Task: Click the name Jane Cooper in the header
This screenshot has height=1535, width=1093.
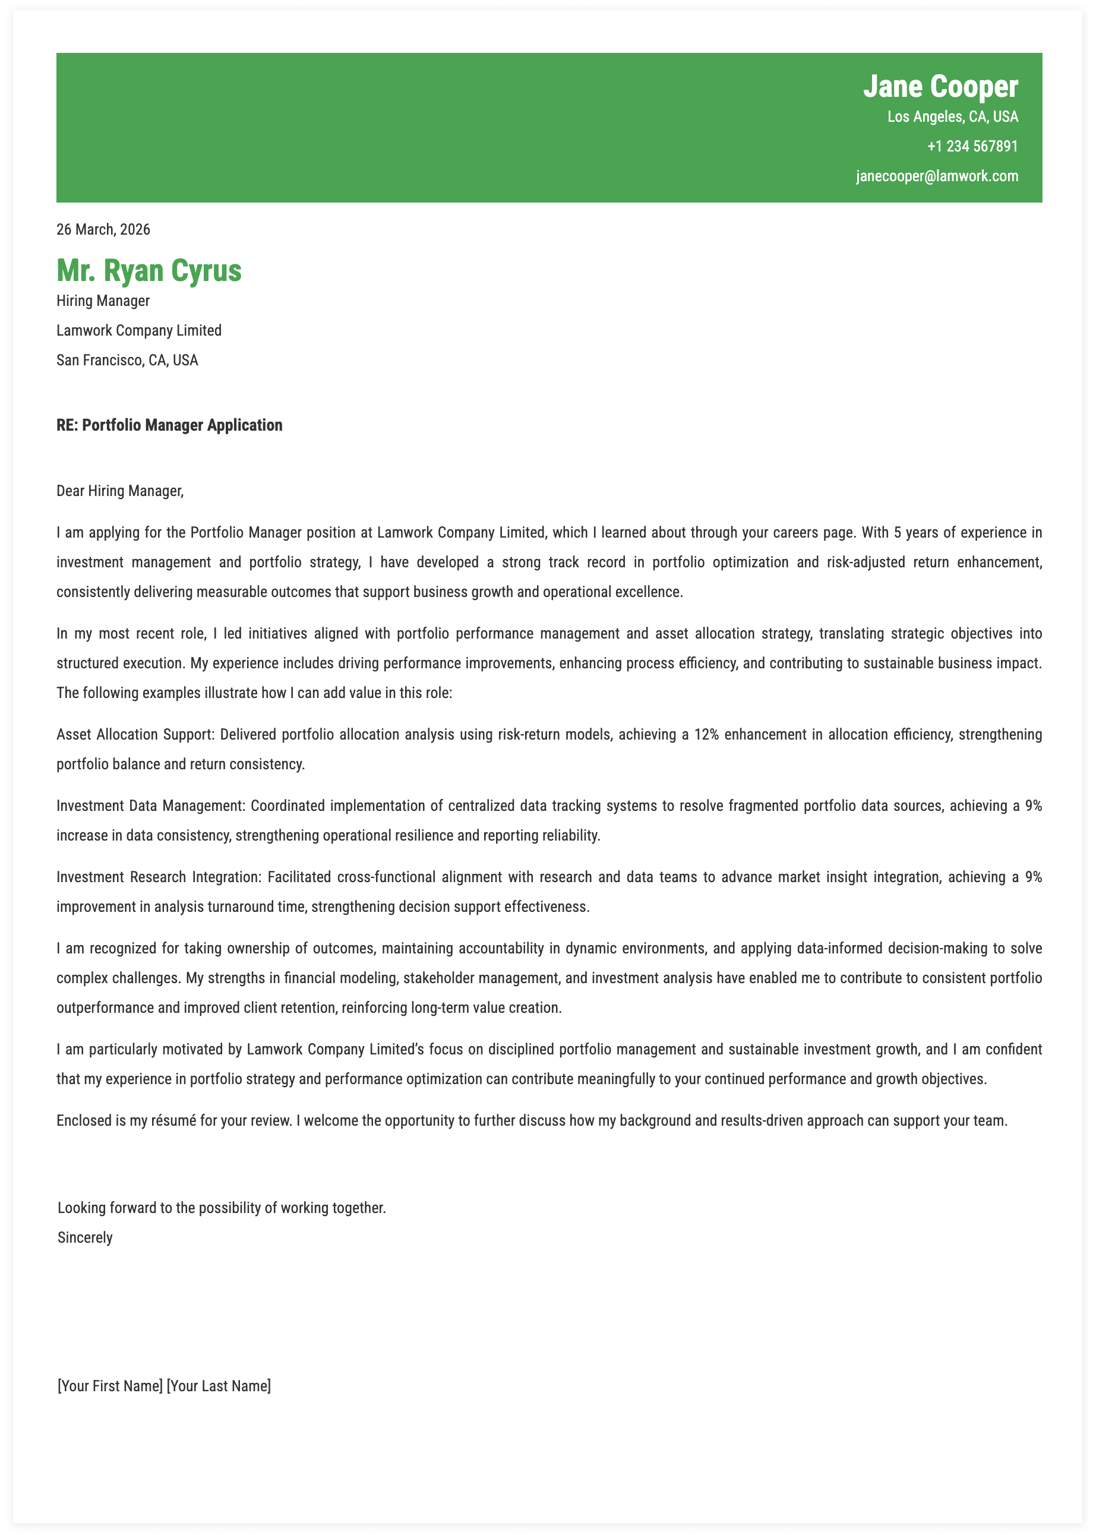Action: [940, 87]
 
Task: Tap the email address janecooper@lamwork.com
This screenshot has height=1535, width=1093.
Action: [936, 176]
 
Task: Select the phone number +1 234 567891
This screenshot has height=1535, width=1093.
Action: [972, 147]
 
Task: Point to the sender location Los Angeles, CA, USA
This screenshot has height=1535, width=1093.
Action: [952, 117]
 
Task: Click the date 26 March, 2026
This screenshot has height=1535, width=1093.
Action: [103, 229]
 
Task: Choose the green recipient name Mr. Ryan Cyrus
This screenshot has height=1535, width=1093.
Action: [149, 270]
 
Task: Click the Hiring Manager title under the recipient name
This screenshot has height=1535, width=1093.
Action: [103, 301]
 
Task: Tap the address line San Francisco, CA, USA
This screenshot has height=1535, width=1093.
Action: [127, 360]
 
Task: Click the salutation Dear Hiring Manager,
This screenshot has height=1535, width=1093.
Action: [120, 491]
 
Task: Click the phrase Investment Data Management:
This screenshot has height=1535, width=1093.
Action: [151, 806]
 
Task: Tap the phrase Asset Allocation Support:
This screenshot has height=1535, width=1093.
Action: [135, 734]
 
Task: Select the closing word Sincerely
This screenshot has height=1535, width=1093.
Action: [85, 1237]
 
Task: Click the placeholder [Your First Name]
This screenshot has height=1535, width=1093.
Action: [110, 1386]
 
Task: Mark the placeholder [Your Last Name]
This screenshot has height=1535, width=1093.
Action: [219, 1386]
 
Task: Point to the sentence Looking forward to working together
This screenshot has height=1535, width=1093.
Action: [222, 1208]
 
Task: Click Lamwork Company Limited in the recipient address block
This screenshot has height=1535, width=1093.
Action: [138, 330]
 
